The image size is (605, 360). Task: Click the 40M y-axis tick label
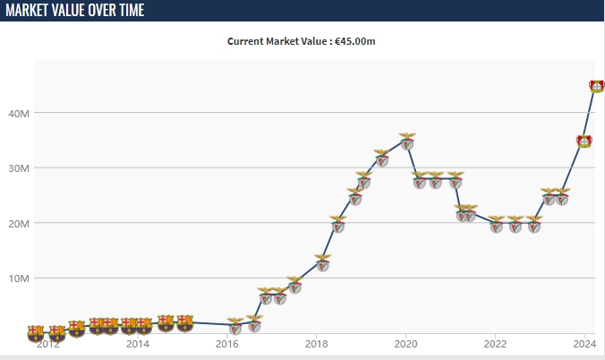(19, 114)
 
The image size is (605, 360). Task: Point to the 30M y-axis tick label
(19, 168)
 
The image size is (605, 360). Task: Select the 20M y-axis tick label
(19, 223)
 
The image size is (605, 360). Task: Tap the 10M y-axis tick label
(19, 279)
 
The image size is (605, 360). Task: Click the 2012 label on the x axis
(47, 343)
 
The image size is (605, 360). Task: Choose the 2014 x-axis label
(137, 343)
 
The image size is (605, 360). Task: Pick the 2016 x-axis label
(227, 343)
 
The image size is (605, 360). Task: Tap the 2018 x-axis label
(316, 343)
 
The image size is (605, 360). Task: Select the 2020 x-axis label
(405, 343)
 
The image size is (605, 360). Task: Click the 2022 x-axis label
(495, 343)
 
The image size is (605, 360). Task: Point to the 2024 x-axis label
(584, 343)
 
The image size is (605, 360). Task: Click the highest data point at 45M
(597, 86)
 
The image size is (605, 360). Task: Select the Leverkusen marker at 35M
(584, 141)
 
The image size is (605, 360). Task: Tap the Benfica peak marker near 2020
(407, 141)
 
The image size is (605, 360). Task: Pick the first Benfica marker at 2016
(235, 327)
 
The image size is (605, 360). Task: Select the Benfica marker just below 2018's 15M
(323, 262)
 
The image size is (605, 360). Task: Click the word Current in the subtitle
(247, 41)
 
